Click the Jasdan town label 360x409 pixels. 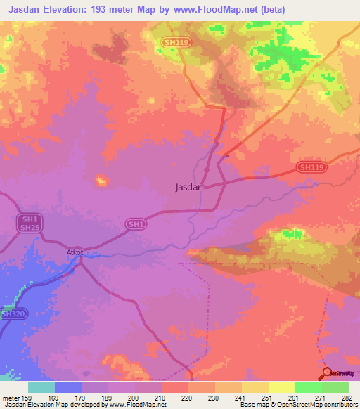pyautogui.click(x=188, y=188)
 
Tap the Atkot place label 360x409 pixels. pyautogui.click(x=75, y=252)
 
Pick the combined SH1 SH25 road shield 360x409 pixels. pyautogui.click(x=29, y=223)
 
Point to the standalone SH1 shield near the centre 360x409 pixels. pyautogui.click(x=136, y=223)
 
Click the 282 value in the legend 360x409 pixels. pyautogui.click(x=347, y=396)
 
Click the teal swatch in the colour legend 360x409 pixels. pyautogui.click(x=41, y=387)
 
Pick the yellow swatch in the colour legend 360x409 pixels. pyautogui.click(x=282, y=387)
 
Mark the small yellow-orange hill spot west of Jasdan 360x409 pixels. pyautogui.click(x=101, y=181)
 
